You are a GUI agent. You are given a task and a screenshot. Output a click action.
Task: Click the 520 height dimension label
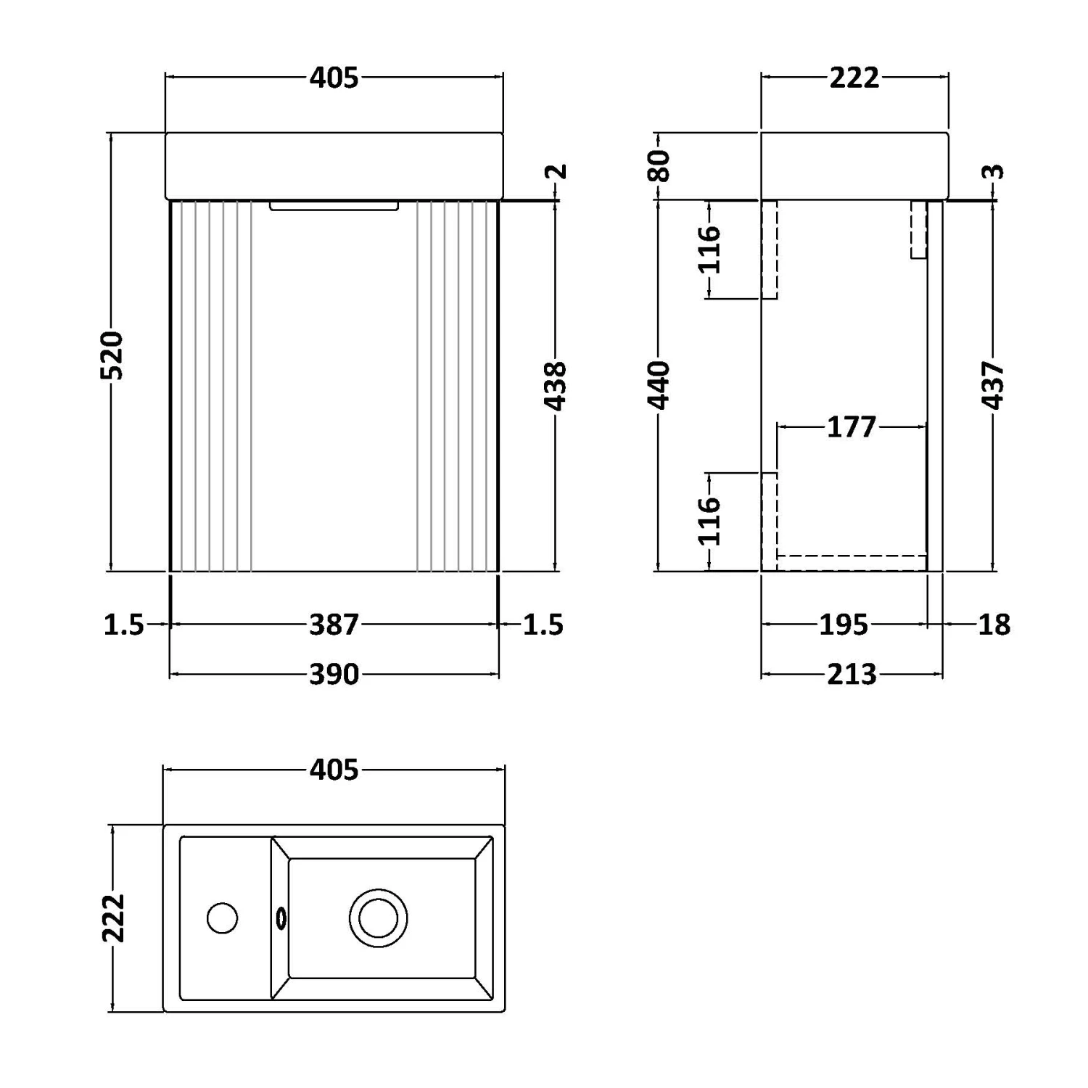(x=112, y=355)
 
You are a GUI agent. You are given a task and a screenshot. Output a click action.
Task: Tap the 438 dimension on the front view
(x=556, y=386)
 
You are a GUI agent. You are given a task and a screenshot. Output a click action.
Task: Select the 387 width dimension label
(x=334, y=625)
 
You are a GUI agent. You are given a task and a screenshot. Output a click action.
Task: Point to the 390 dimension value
(x=334, y=675)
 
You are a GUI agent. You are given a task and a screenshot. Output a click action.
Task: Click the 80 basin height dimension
(x=659, y=165)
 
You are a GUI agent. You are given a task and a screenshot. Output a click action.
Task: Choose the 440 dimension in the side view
(x=659, y=384)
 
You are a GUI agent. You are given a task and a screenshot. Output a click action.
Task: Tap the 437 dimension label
(x=994, y=385)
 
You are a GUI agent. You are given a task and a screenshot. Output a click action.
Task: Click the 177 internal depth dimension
(x=852, y=426)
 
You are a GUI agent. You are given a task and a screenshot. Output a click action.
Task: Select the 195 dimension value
(x=844, y=625)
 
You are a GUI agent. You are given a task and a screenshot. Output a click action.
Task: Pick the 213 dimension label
(x=852, y=675)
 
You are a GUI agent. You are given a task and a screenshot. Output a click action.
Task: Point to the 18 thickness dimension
(x=994, y=625)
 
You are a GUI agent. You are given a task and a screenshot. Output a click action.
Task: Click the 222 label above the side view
(x=854, y=78)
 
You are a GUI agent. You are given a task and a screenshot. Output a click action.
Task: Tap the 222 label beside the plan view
(x=114, y=918)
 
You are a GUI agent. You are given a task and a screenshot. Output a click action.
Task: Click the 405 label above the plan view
(x=334, y=770)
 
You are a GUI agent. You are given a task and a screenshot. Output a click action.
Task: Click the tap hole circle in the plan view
(x=222, y=918)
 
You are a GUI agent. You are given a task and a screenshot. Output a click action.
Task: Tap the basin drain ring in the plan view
(x=378, y=918)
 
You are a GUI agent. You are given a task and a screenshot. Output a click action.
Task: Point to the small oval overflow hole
(x=281, y=918)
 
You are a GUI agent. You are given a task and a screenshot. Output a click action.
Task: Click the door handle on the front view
(x=334, y=206)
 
